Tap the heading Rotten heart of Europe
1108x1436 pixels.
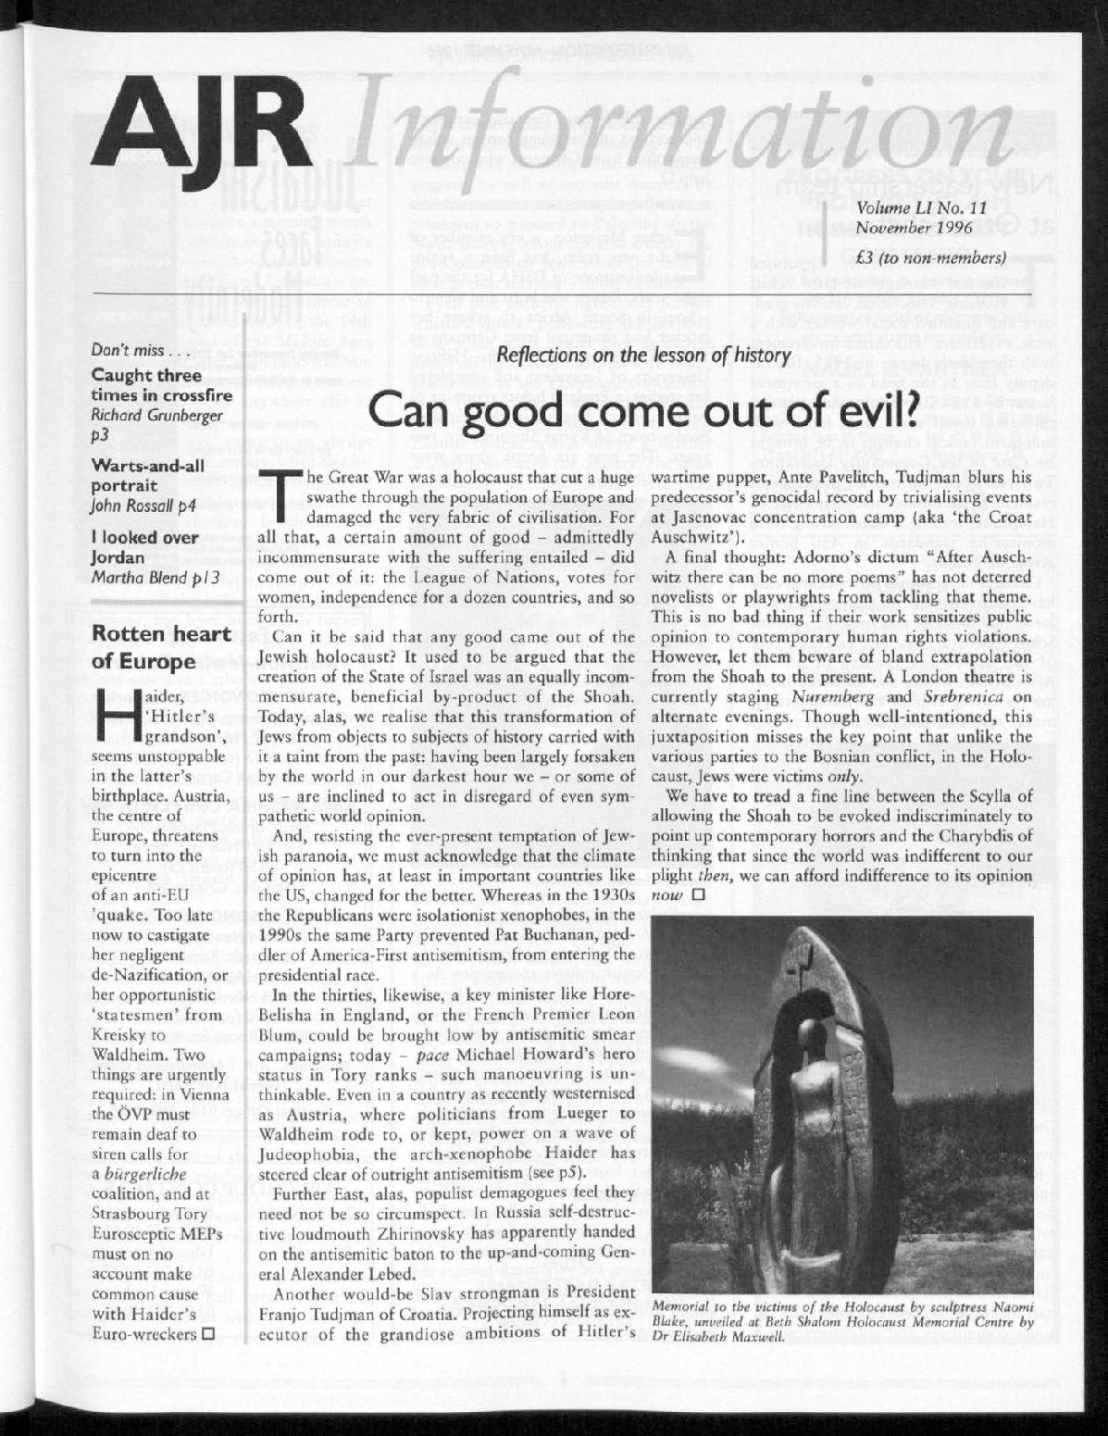152,648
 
